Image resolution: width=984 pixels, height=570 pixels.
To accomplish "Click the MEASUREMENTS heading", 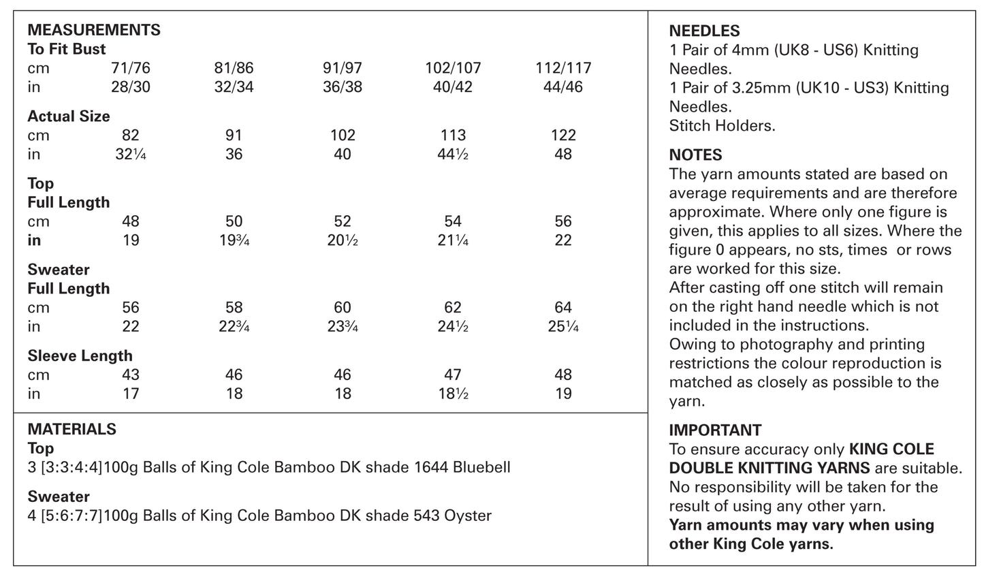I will coord(94,30).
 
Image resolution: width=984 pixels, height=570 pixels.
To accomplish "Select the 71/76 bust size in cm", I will coord(130,68).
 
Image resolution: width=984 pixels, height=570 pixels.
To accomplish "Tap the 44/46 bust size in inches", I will coord(562,87).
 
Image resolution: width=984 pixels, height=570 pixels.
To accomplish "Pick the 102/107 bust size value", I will coord(453,68).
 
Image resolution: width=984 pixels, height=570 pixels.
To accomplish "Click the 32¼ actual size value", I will coord(130,155).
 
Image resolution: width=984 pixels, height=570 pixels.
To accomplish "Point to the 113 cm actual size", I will coord(453,136).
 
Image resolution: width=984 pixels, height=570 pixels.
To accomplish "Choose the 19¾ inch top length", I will coord(234,240).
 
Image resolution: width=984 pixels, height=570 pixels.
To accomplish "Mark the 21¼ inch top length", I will coord(453,240).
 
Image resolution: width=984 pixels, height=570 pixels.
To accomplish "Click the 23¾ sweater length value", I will coord(343,327).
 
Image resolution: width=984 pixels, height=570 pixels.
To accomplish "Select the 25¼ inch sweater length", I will coord(562,327).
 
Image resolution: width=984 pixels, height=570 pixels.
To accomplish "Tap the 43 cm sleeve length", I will coord(130,375).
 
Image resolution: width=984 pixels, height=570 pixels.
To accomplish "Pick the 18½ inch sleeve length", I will coord(453,394).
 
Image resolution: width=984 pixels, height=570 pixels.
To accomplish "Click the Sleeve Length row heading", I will coord(80,355).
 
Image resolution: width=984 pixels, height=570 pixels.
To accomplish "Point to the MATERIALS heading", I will coord(72,429).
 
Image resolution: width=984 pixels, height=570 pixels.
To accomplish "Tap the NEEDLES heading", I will coord(704,31).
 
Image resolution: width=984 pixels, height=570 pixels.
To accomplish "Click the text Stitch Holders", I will coord(722,125).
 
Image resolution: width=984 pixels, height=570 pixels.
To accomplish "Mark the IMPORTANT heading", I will coord(715,430).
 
